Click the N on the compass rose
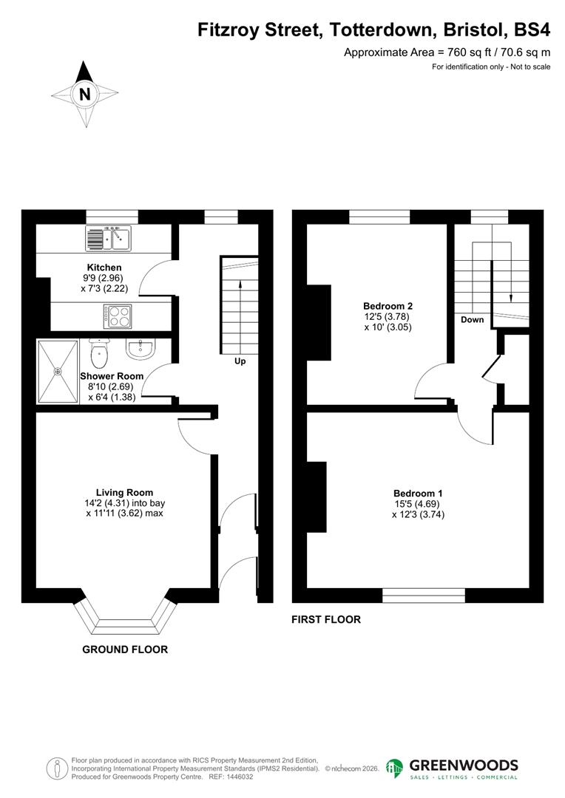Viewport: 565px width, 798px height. [85, 94]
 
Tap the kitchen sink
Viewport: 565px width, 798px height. [108, 238]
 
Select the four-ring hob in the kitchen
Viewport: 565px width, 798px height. [117, 316]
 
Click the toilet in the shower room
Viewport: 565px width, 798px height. [98, 355]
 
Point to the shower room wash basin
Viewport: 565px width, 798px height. [141, 348]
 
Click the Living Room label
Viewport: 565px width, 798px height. [124, 492]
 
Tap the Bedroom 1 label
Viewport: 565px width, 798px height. [418, 494]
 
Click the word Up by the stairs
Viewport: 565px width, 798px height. [240, 361]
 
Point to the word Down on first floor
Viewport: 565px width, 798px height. [472, 320]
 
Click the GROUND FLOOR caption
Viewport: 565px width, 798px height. [125, 649]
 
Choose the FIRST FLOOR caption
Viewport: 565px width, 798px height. [326, 619]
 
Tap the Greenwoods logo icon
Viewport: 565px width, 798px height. [395, 768]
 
